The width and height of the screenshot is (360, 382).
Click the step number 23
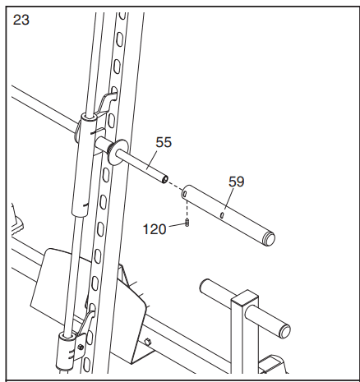tap(21, 21)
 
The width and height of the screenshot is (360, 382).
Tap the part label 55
tap(164, 142)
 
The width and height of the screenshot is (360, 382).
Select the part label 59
tap(237, 182)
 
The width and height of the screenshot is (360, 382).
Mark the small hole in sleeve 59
tap(223, 217)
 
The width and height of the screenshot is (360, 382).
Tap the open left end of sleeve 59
tap(187, 194)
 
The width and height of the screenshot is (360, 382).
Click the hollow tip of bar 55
tap(164, 177)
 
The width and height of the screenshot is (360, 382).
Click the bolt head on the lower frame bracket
tap(147, 341)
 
